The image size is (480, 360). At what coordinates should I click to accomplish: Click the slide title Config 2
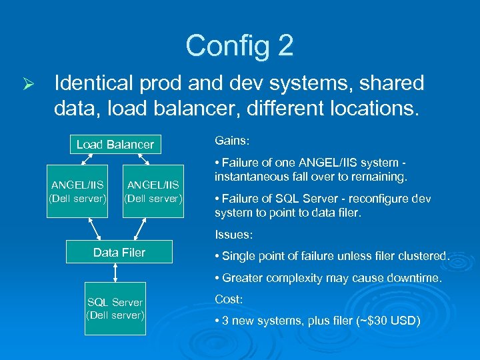coord(239,45)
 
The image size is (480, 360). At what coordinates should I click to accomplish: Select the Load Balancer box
coord(115,145)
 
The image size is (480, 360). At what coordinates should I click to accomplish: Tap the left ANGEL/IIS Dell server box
coord(78,191)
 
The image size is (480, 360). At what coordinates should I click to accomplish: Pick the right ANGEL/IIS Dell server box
coord(153,191)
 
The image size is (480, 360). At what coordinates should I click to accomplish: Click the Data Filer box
coord(119,252)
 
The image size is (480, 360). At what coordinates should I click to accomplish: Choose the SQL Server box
coord(116,309)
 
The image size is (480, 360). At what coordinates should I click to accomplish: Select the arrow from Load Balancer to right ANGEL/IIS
coord(145,159)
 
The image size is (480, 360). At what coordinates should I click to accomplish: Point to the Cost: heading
coord(229,299)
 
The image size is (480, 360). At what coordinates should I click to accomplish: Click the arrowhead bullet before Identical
coord(26,84)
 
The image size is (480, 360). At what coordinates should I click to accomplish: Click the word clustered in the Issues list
coord(423,256)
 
